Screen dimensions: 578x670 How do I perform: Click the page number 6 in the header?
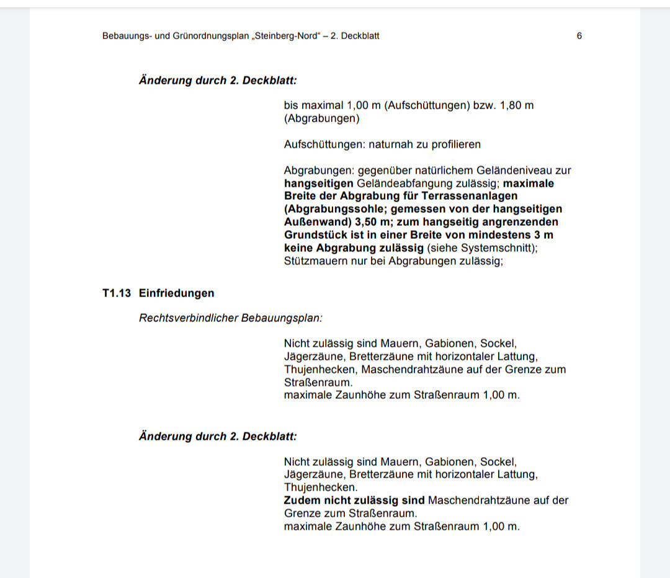(x=579, y=36)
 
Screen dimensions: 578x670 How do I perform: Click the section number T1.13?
(x=116, y=293)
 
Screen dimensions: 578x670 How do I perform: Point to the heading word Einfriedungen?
(x=176, y=293)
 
